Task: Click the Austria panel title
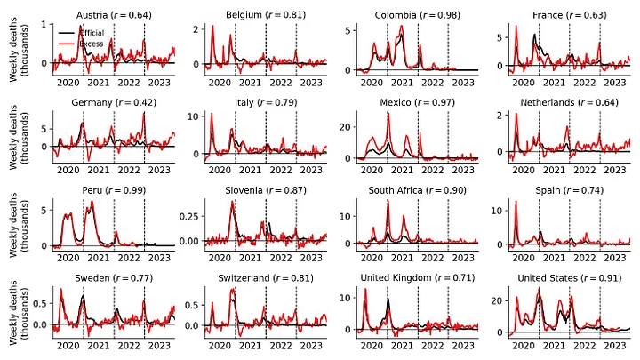[x=114, y=15]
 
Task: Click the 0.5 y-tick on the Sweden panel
[x=40, y=304]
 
